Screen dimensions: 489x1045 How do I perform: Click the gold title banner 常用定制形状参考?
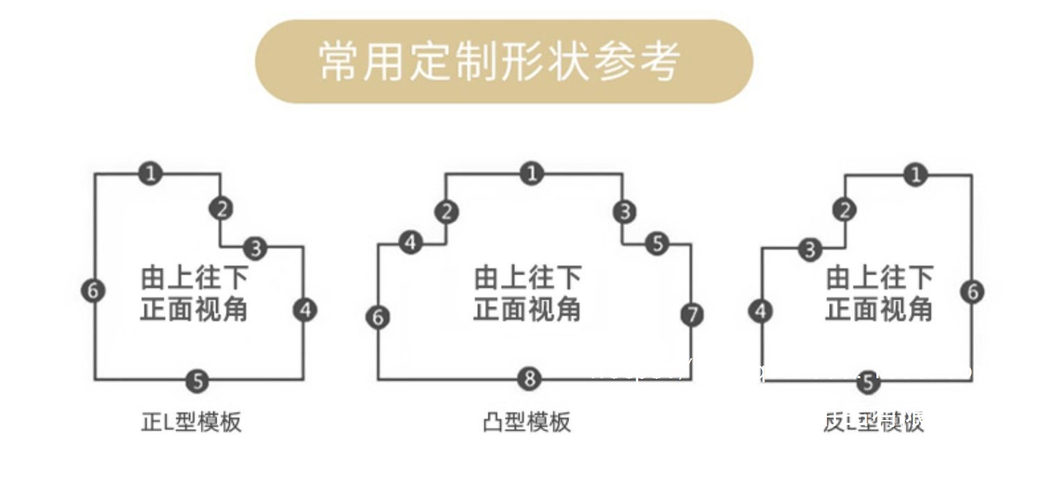click(504, 61)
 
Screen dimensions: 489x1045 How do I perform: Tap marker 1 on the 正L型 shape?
click(150, 173)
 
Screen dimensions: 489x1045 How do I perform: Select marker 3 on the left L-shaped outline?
click(256, 247)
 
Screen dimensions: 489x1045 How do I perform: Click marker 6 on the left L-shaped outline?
click(93, 290)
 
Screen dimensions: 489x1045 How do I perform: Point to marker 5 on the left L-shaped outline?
click(198, 381)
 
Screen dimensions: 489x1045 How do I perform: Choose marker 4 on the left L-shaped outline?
click(305, 310)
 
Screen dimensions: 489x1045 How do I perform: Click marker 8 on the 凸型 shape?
click(529, 380)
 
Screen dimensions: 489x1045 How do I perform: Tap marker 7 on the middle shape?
click(692, 315)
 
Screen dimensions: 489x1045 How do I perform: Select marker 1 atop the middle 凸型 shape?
click(532, 173)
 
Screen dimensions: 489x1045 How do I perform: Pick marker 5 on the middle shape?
click(657, 244)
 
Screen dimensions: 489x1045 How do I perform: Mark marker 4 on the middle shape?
click(411, 243)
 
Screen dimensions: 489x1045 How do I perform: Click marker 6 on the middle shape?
click(378, 318)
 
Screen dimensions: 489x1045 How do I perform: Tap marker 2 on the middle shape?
click(447, 212)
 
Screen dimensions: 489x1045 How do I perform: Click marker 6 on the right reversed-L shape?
click(973, 291)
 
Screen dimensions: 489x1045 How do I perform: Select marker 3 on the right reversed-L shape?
click(810, 249)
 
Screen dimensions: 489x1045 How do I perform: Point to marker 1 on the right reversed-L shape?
click(916, 174)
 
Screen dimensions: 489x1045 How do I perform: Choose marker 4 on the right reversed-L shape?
click(761, 311)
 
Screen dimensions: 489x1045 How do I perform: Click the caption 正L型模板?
click(192, 422)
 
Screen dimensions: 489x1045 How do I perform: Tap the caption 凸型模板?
click(527, 422)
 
